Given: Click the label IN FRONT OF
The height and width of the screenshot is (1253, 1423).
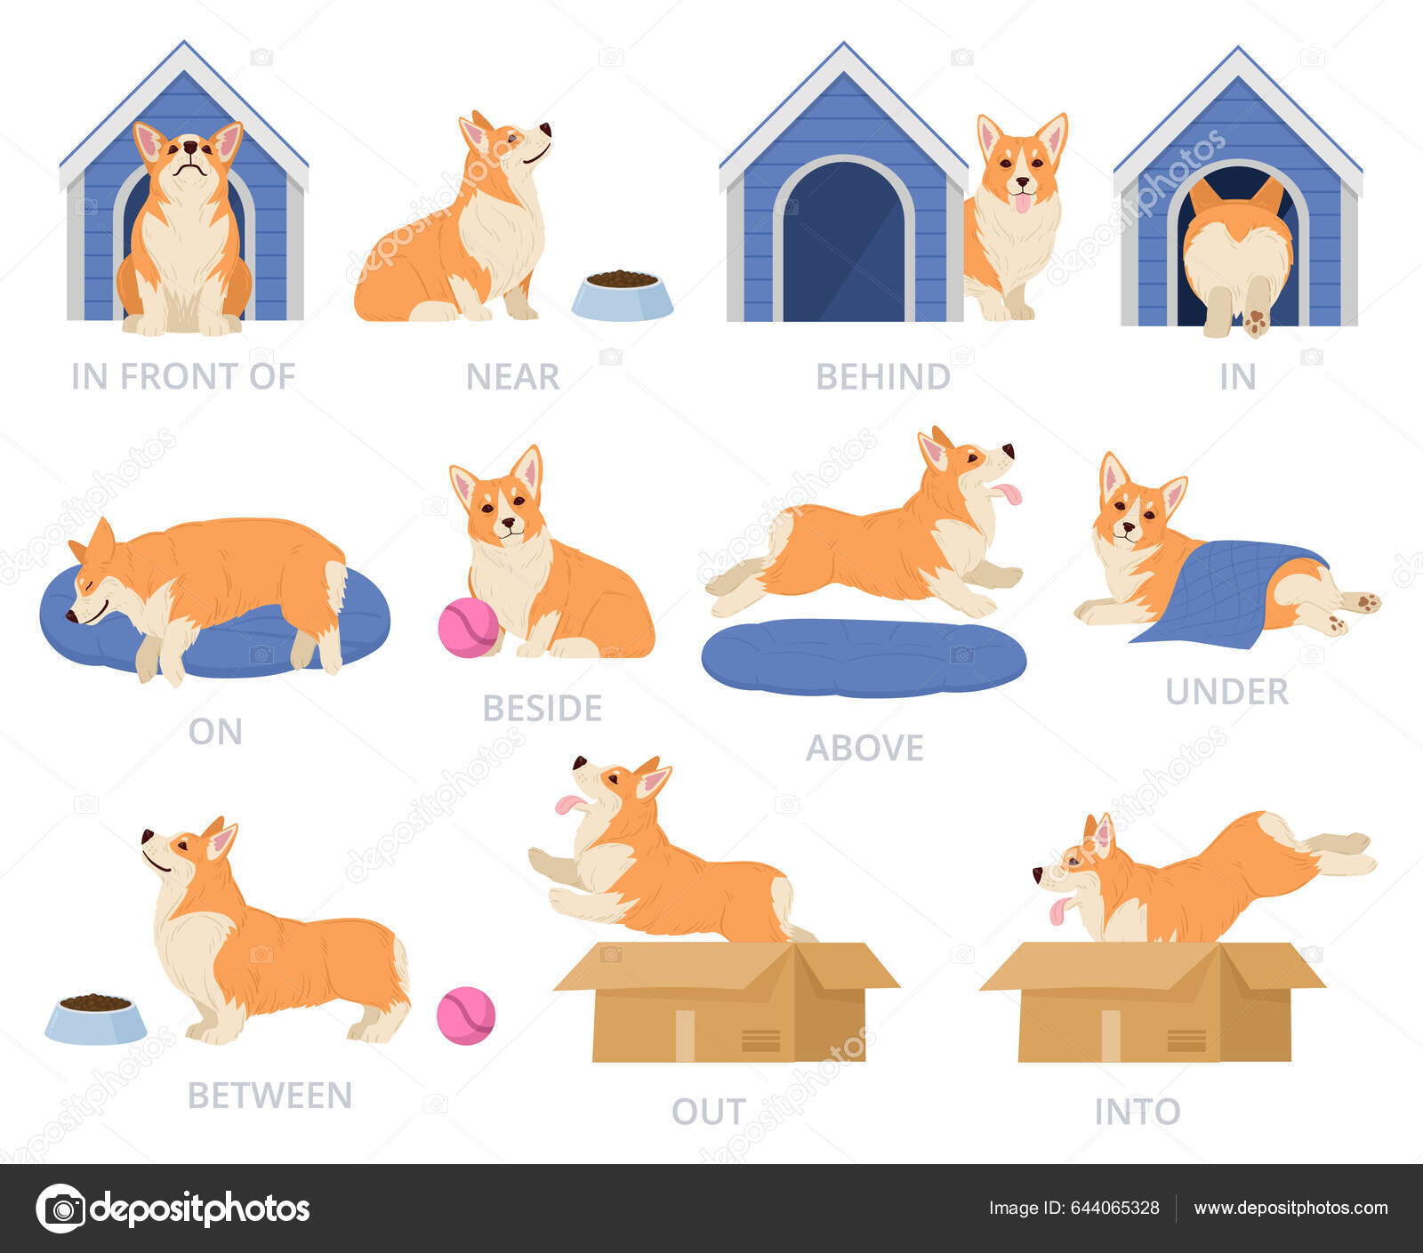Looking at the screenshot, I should coord(183,376).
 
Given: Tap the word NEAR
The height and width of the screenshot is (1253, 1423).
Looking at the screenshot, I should coord(512,377).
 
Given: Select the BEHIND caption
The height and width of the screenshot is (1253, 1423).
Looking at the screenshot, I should coord(883,377).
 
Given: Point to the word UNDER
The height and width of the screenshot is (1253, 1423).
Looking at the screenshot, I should coord(1226,692).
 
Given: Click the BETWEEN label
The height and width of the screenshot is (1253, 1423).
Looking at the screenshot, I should coord(269,1096).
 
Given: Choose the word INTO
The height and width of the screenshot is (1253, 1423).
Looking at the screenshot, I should coord(1138,1112).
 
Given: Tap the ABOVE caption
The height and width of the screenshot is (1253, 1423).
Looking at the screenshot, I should coord(864,748).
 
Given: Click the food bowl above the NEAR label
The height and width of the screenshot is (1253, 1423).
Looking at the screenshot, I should coord(622,296).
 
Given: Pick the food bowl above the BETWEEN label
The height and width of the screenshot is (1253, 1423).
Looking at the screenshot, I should coord(96,1019).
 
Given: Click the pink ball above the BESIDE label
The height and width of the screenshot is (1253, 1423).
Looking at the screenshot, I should coord(468,628).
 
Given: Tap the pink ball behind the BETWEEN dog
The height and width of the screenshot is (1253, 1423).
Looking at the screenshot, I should coord(465,1015).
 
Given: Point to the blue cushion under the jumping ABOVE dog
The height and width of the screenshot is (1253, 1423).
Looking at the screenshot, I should coord(863,657).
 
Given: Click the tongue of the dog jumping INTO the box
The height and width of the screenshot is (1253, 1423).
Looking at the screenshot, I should coord(1058,911).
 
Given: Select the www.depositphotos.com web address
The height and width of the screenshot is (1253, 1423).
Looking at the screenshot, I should coord(1290,1208).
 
